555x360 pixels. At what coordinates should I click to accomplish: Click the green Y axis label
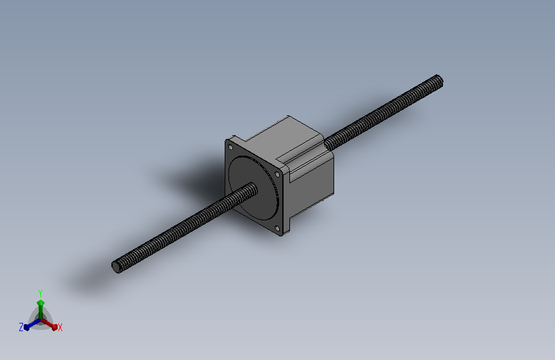pyautogui.click(x=40, y=293)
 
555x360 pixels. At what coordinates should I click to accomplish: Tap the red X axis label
pyautogui.click(x=60, y=327)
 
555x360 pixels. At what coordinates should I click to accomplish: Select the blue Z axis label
pyautogui.click(x=21, y=327)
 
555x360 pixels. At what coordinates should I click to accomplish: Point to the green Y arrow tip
pyautogui.click(x=41, y=302)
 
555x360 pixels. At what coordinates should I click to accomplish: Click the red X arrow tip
pyautogui.click(x=55, y=327)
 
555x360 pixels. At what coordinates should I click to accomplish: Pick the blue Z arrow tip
pyautogui.click(x=26, y=327)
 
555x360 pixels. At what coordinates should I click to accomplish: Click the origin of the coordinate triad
pyautogui.click(x=41, y=320)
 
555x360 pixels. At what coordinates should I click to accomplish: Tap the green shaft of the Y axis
pyautogui.click(x=41, y=312)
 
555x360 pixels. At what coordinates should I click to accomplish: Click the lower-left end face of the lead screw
pyautogui.click(x=116, y=267)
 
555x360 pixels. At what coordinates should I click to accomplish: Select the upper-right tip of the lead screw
pyautogui.click(x=439, y=81)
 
